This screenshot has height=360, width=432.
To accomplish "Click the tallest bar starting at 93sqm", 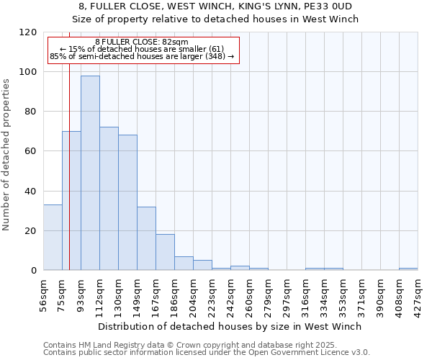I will point(90,173).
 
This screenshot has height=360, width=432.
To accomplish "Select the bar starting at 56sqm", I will point(53,238).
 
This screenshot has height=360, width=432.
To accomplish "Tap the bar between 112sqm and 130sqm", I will point(109,199).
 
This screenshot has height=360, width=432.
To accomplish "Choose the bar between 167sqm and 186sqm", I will point(165,252).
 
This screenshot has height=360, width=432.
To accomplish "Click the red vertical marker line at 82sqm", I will point(69,180).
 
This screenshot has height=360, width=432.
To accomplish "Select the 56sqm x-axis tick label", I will point(44,293).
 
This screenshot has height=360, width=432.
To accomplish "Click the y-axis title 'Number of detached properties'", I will point(8,156).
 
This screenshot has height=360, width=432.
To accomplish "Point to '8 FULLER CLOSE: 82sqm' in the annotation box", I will point(142,42).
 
